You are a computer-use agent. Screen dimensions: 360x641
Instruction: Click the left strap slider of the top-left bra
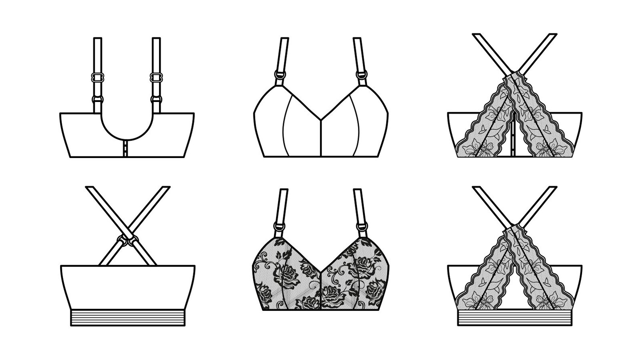[97, 76]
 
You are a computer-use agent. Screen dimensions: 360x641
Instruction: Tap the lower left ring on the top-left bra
[97, 98]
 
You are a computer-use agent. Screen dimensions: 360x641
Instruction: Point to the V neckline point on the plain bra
[320, 119]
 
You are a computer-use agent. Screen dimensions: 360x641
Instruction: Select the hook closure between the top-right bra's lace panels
[514, 139]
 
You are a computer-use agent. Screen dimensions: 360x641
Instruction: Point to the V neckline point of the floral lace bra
[320, 271]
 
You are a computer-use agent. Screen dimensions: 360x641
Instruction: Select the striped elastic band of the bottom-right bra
[514, 317]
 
